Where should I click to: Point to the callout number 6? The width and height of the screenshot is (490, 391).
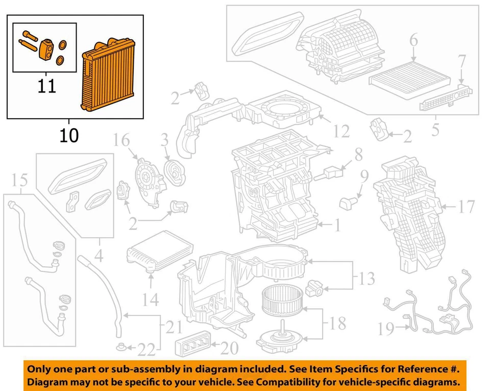pos(413,40)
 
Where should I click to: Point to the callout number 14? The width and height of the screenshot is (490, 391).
pos(150,300)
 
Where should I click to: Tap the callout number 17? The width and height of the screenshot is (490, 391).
pos(466,207)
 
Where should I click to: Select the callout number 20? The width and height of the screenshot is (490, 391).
pos(230,349)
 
